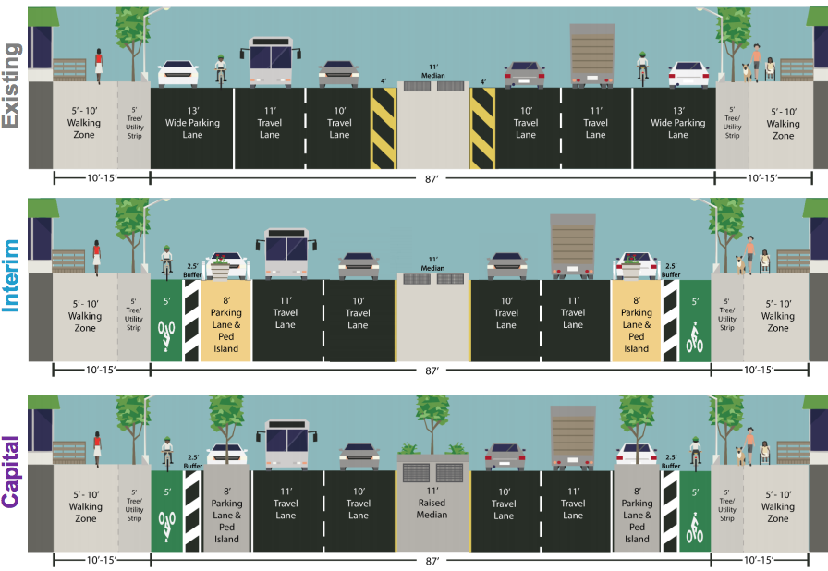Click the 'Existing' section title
12,86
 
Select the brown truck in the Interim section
573,246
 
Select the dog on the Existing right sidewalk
745,70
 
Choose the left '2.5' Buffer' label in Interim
192,268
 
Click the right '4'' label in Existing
482,81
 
